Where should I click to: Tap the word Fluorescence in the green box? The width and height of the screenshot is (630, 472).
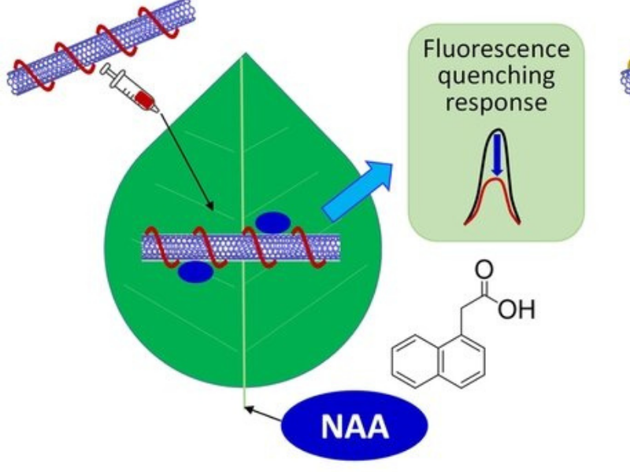tap(496, 49)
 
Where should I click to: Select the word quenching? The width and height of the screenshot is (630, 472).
tap(496, 76)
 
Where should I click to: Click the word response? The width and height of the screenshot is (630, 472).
tap(496, 103)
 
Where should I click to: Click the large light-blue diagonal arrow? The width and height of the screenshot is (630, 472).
tap(358, 189)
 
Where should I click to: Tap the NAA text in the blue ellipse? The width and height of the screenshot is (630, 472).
tap(354, 427)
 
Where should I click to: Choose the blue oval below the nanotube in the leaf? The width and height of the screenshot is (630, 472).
tap(195, 272)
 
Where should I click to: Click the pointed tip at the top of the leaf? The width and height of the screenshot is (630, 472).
tap(246, 55)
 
